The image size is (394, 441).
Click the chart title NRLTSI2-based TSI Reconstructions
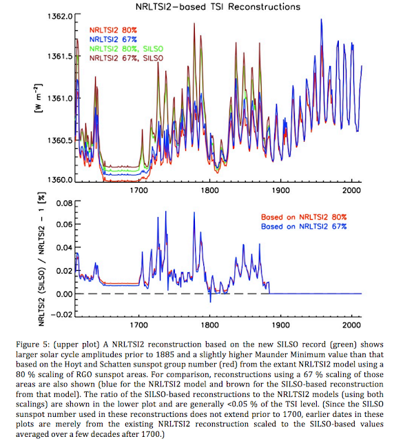[218, 6]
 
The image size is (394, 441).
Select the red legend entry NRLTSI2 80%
[113, 30]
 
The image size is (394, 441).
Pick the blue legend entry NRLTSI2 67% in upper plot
[113, 39]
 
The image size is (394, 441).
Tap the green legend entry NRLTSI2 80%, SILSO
[126, 49]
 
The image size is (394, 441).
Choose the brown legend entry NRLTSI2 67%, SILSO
[126, 58]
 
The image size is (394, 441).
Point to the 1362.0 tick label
[60, 17]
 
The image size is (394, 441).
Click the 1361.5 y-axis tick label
[60, 57]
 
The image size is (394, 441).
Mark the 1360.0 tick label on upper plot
[60, 179]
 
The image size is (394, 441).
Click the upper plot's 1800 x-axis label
[210, 190]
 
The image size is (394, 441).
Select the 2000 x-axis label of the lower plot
[351, 325]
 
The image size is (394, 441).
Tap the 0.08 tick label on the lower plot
[64, 203]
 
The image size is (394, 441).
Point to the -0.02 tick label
[61, 314]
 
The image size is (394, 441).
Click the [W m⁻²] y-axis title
[39, 98]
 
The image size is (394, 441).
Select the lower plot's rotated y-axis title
[41, 259]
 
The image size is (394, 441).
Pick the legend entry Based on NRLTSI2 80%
[304, 217]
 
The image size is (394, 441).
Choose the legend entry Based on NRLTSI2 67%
[304, 227]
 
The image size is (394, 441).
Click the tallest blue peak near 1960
[321, 19]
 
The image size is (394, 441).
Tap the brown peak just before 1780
[194, 23]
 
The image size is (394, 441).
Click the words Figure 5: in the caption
[32, 345]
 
